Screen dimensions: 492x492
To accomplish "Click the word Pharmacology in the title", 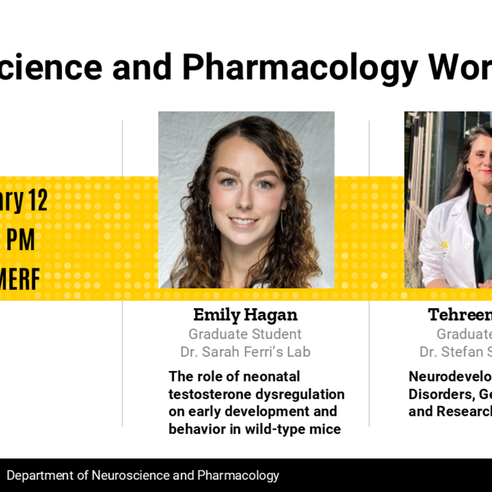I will [x=300, y=67].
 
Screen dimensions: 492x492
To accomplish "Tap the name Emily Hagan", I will [x=245, y=315].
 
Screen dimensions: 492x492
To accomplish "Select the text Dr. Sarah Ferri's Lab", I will [x=245, y=352].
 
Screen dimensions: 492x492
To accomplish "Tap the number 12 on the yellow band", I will [x=37, y=201].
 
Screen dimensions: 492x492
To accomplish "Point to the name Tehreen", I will [x=459, y=315].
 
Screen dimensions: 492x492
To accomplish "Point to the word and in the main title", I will [x=142, y=67].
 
